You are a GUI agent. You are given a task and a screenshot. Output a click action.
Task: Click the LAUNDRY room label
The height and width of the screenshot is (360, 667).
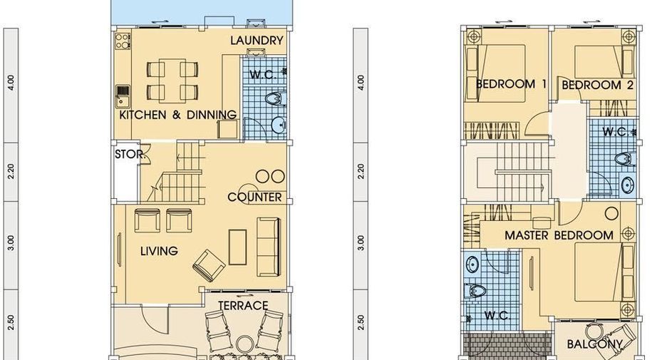click(x=257, y=41)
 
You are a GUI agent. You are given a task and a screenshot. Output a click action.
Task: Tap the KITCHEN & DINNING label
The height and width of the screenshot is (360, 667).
click(x=178, y=115)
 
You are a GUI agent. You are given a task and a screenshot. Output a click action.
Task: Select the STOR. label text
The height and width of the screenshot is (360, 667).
click(x=130, y=154)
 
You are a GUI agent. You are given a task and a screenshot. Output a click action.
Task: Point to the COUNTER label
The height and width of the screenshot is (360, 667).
click(x=254, y=197)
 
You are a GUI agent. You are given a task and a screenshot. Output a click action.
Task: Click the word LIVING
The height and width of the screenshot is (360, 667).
click(x=159, y=251)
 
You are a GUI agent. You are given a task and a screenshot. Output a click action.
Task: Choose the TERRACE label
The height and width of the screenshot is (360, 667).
click(x=243, y=306)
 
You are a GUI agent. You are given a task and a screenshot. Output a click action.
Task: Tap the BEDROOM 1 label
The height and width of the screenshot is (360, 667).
click(x=510, y=84)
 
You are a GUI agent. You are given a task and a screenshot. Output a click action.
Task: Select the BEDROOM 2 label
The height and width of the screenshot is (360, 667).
click(x=597, y=85)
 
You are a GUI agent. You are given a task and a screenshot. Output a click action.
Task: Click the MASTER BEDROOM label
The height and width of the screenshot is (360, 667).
click(x=559, y=235)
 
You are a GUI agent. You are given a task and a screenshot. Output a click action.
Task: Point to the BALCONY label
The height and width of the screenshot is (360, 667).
click(x=594, y=344)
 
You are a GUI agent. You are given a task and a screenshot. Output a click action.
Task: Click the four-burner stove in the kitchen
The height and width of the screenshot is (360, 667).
click(x=123, y=41)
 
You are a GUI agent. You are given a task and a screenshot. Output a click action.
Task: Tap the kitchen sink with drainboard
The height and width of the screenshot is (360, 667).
click(x=123, y=96)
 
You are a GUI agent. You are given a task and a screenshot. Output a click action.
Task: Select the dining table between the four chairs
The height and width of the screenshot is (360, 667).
click(x=172, y=80)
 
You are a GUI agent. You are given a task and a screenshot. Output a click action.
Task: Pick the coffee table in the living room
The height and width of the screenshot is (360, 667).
click(x=237, y=247)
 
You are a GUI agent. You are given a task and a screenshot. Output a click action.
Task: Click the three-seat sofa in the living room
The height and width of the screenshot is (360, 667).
click(x=269, y=247)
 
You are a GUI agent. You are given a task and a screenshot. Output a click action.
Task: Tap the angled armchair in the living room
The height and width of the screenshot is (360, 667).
click(x=209, y=265)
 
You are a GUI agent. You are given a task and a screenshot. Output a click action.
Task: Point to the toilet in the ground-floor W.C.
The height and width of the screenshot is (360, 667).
click(x=275, y=99)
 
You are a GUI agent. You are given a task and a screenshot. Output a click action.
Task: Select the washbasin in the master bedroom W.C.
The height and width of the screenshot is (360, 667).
click(x=472, y=264)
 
